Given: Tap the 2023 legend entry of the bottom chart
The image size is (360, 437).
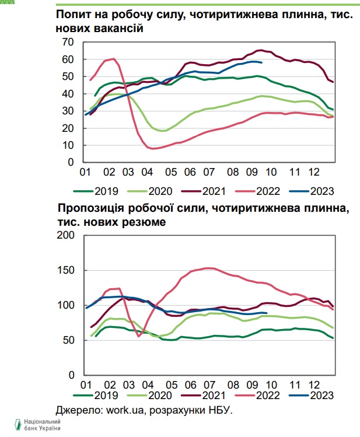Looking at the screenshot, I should click(x=314, y=396).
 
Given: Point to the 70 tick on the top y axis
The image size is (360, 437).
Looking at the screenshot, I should click(x=68, y=42).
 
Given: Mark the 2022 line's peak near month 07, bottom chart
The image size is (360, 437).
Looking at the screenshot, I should click(x=207, y=268).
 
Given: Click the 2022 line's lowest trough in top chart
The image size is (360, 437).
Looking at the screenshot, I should click(x=154, y=149).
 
